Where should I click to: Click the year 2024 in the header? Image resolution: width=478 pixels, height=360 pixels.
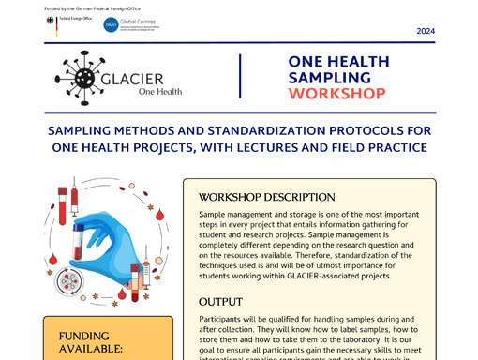coord(426,31)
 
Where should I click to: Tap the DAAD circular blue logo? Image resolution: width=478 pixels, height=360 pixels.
coord(112,25)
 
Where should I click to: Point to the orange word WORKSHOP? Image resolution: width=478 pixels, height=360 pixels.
coord(336,94)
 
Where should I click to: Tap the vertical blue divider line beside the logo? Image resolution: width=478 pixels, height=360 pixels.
coord(240,76)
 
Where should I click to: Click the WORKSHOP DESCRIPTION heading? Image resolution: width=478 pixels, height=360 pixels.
coord(267,198)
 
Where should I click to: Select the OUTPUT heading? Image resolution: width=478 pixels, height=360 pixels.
coord(220,302)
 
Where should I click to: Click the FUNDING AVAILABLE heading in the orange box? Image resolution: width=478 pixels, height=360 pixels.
coord(91,342)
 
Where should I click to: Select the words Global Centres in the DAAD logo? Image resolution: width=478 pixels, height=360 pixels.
coord(140,21)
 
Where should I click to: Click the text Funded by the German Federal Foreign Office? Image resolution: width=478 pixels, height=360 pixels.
coord(92,8)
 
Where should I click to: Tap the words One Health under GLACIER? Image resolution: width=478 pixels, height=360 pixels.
coord(160,91)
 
